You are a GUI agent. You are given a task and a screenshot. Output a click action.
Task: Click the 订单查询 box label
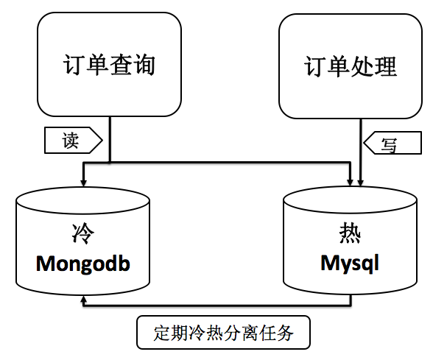tap(109, 65)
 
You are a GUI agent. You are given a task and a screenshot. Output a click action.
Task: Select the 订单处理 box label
tap(351, 66)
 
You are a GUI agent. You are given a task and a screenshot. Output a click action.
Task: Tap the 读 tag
tap(74, 140)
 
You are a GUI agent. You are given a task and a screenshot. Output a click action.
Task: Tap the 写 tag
tap(392, 143)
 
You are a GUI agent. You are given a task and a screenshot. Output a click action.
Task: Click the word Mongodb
tap(82, 264)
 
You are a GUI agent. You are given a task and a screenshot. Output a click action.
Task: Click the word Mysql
tap(350, 264)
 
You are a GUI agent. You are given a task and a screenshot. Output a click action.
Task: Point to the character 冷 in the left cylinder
tap(82, 233)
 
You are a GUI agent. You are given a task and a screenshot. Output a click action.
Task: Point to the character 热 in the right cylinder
tap(350, 233)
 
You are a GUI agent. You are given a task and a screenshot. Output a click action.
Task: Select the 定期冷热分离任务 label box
tap(223, 333)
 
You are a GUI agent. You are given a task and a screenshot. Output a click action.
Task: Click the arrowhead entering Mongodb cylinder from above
tap(84, 183)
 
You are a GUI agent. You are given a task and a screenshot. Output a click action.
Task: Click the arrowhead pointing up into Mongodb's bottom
tap(84, 300)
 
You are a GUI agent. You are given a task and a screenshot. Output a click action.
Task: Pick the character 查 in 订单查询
tap(121, 65)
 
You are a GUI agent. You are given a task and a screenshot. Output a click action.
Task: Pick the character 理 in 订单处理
tap(386, 66)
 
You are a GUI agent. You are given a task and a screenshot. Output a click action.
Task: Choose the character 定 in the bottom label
tap(162, 333)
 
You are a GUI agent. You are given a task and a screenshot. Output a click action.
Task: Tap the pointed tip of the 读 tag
tap(102, 140)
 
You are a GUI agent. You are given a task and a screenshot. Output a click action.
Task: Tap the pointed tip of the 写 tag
tap(364, 143)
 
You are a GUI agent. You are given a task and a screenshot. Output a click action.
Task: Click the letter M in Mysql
tap(330, 262)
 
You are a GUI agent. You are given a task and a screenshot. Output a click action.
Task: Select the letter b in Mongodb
tap(125, 263)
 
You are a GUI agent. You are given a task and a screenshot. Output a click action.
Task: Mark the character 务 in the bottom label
tap(285, 333)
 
